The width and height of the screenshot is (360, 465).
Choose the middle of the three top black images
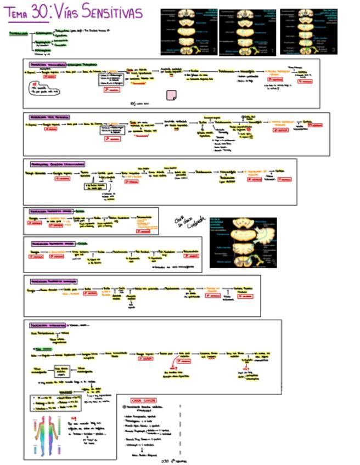point(248,31)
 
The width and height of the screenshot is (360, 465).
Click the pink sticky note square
point(171,95)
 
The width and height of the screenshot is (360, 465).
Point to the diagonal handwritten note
point(184,221)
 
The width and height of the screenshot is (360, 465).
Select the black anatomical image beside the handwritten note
point(243,242)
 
